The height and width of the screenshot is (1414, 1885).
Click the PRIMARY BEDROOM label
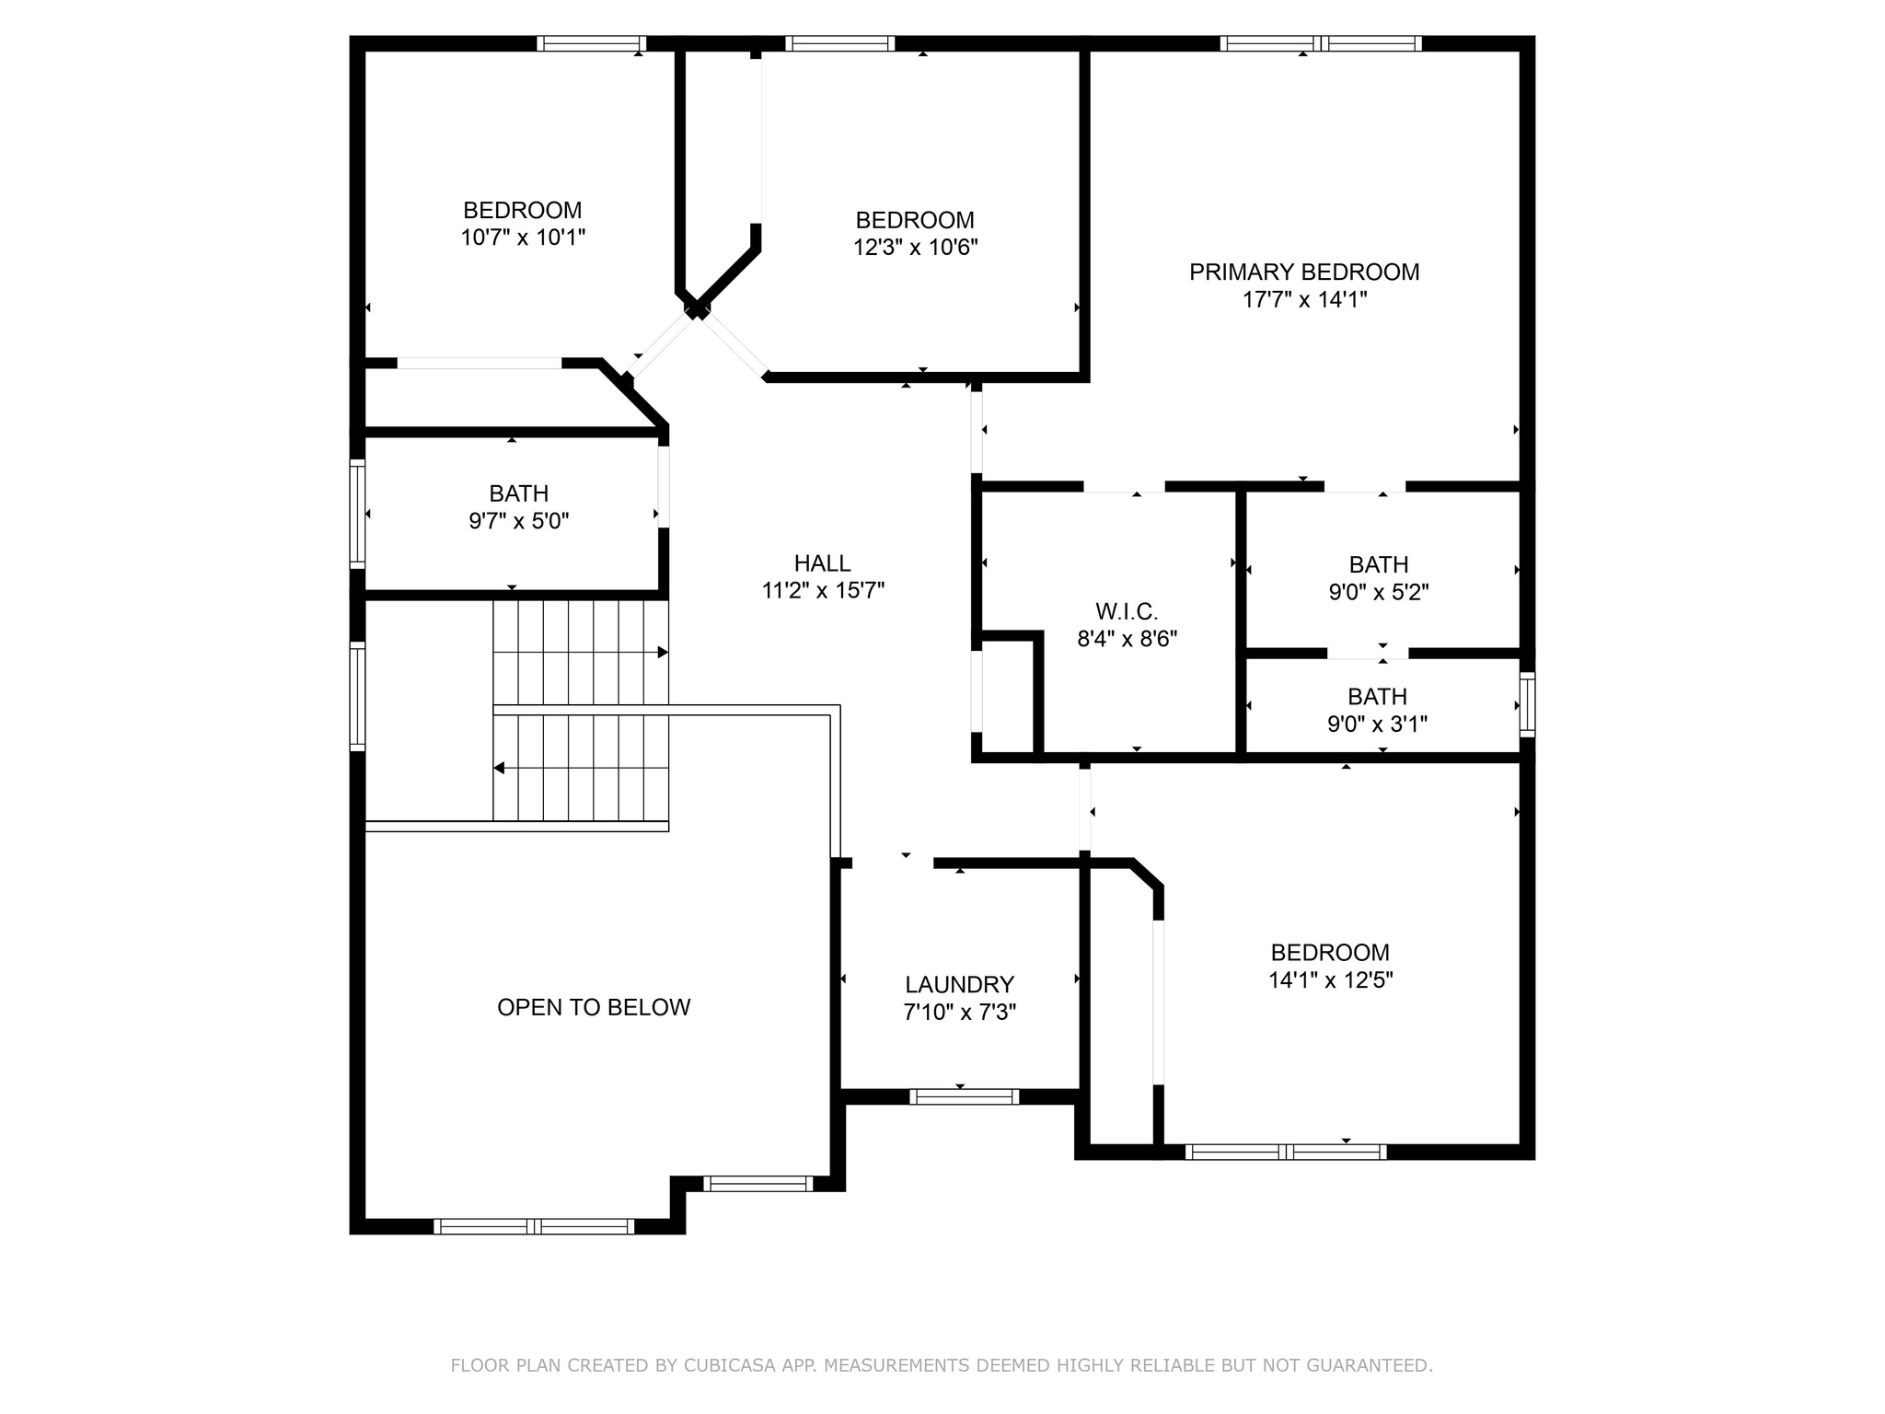point(1304,272)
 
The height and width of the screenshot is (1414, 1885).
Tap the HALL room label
point(823,563)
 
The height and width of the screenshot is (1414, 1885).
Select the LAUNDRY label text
point(959,985)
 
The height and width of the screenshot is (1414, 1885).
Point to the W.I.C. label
point(1127,611)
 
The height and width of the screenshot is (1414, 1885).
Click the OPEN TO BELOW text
point(594,1007)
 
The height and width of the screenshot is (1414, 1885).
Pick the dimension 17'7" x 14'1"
point(1304,300)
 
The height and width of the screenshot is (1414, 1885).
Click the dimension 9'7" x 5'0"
point(519,521)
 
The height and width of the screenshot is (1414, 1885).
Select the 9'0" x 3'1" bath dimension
point(1377,724)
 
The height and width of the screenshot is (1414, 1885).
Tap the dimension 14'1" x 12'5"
point(1330,980)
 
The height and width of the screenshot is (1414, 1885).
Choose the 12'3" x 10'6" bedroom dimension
point(915,248)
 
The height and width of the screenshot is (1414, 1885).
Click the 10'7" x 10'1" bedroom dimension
point(523,238)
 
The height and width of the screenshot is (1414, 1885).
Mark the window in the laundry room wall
point(964,1096)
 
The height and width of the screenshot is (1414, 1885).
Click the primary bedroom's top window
point(1321,43)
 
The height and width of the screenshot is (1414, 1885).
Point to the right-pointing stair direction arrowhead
point(663,653)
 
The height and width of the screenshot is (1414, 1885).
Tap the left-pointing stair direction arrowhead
point(499,768)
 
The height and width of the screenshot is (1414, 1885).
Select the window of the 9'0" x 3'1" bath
point(1527,704)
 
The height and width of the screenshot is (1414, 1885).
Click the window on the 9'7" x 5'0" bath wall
point(357,514)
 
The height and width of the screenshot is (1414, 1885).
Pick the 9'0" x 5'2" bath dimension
point(1378,592)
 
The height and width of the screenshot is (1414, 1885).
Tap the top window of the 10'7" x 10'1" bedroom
point(592,43)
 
